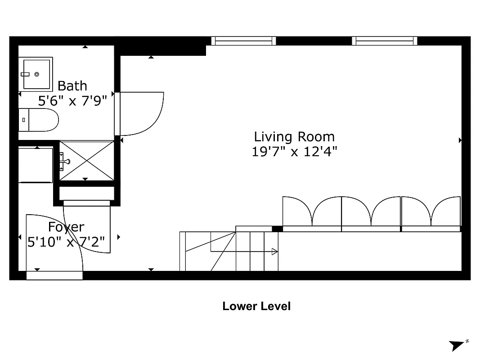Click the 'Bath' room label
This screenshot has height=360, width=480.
72,85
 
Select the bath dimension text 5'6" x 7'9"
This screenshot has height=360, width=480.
72,100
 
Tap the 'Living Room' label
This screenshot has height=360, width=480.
294,137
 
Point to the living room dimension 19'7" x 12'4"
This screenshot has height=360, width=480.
294,152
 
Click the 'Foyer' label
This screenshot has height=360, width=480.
66,227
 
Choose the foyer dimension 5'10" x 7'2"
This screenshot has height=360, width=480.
66,242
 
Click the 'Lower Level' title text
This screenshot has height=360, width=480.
256,306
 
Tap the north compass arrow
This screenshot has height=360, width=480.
458,345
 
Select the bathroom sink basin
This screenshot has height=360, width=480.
36,73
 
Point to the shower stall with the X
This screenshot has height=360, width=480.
87,160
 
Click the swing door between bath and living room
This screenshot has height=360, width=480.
139,113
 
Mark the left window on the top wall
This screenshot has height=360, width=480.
244,41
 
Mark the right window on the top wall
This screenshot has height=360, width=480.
385,41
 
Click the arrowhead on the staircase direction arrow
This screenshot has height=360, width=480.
274,252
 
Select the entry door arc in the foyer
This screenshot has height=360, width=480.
54,243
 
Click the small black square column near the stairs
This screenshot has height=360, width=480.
277,229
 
